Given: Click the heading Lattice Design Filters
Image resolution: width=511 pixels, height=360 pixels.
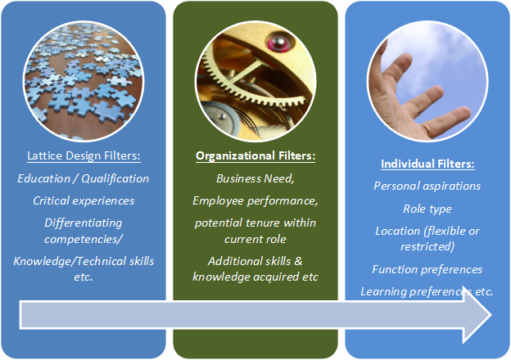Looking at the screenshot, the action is pos(84,155).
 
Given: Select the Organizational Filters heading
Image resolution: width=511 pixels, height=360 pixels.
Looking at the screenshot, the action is pos(255,155).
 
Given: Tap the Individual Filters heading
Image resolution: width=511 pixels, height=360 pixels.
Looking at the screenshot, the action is pos(427,164).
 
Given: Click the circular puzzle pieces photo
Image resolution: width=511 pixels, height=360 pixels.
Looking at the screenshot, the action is pos(84,81).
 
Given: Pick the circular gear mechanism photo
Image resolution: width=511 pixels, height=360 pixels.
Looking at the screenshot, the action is pos(255,81).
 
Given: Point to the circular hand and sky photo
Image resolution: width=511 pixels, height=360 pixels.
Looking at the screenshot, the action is pos(427,81).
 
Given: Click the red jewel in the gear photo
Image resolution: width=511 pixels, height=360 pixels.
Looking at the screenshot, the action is pos(280,43).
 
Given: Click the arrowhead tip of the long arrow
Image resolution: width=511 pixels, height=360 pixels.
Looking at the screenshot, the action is pos(491,315).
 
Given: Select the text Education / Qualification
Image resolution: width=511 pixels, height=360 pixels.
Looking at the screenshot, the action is pos(83,178).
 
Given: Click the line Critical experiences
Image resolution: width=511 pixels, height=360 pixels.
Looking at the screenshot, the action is pos(84,200).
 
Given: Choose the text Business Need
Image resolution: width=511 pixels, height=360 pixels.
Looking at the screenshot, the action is pos(255,178).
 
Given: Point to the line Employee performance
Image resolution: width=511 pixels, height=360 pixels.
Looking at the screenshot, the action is pos(255,200).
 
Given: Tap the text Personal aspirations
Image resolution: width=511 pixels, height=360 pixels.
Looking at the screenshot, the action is pos(427,186).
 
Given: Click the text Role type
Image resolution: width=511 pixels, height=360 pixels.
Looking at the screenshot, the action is pos(427,209).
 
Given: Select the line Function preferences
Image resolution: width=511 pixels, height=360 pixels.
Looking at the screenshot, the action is pos(427,269).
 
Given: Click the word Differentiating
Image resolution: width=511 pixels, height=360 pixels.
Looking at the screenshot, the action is pos(84,223).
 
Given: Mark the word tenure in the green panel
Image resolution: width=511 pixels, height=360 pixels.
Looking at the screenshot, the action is pos(262,223).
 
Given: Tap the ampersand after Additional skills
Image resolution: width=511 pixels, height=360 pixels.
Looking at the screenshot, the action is pos(298,261).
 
